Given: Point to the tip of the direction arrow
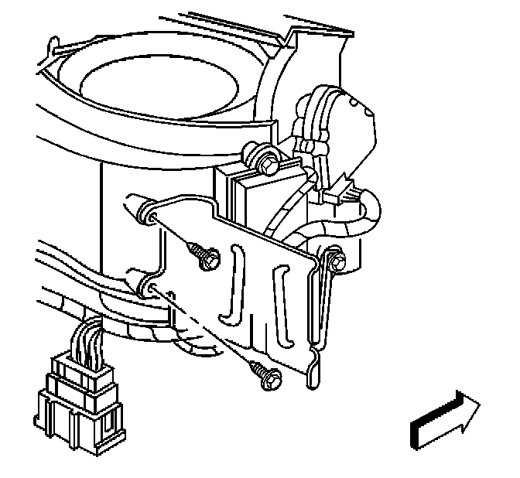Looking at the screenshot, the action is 477,407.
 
